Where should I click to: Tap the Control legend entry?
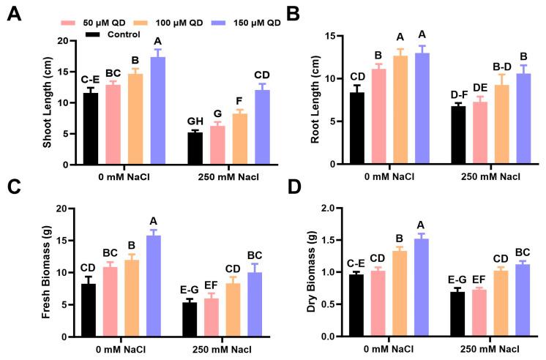[119, 34]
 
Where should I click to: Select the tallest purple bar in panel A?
[159, 110]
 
